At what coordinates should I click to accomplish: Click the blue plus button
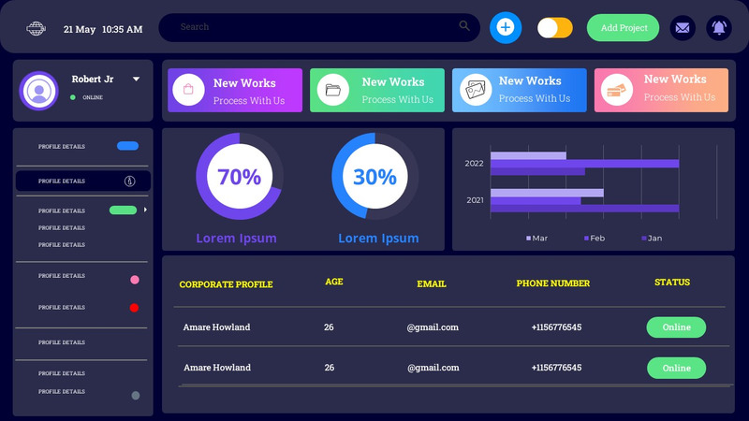click(x=506, y=27)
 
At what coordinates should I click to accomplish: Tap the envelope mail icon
click(x=683, y=28)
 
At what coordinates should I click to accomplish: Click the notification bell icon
click(x=719, y=28)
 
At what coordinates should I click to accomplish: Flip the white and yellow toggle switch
click(x=555, y=28)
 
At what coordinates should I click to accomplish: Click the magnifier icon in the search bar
click(x=464, y=26)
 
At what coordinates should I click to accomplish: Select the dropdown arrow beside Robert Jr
click(x=137, y=80)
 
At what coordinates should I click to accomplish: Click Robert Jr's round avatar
click(x=38, y=91)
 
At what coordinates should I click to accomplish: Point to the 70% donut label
click(x=239, y=176)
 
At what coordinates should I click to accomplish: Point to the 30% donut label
click(x=375, y=176)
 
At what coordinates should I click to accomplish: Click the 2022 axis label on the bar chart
click(x=474, y=164)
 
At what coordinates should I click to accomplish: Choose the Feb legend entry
click(x=594, y=239)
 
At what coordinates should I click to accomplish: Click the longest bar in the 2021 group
click(x=584, y=209)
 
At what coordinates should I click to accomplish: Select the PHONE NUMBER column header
click(x=553, y=283)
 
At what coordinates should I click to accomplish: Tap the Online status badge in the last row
click(x=676, y=368)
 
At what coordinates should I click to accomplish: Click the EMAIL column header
click(x=432, y=283)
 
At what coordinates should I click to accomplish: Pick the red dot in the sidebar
click(x=134, y=308)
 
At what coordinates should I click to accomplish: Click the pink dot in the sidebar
click(x=135, y=280)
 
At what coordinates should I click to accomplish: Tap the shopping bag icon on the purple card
click(x=188, y=90)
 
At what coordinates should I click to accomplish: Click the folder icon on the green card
click(x=332, y=91)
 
